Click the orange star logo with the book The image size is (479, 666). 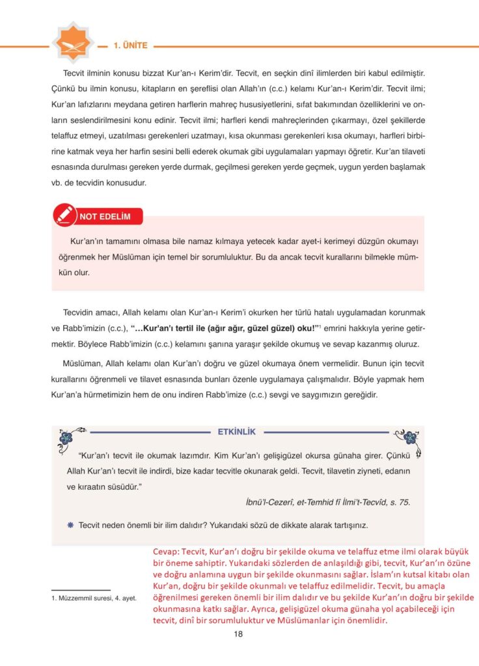73,44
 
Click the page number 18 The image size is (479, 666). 238,634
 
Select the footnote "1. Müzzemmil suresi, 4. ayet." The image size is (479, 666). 94,598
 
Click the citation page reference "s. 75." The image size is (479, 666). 397,501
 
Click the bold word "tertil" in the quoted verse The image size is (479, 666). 195,327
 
